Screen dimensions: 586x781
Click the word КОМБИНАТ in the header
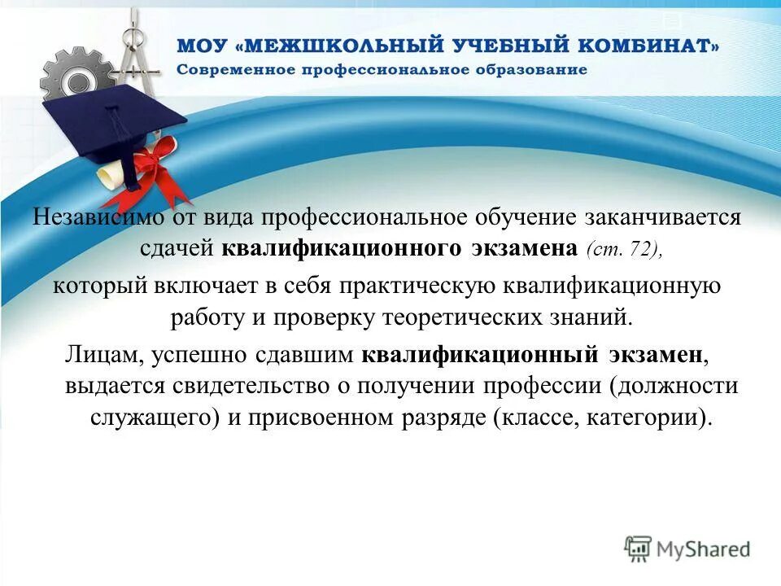click(x=642, y=46)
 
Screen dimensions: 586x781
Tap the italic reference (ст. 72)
click(x=623, y=249)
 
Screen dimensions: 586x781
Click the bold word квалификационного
click(x=343, y=248)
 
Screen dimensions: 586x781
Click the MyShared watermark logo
click(x=687, y=549)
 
